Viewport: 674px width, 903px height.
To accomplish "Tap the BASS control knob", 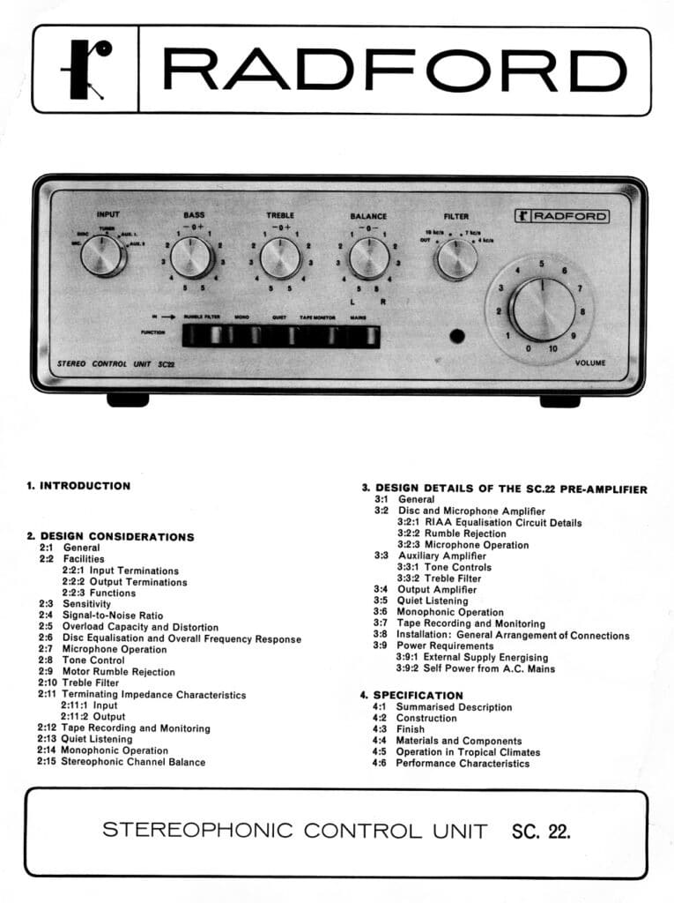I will tap(192, 257).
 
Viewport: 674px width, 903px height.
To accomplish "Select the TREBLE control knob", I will tap(280, 257).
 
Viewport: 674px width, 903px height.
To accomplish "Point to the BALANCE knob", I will tap(369, 257).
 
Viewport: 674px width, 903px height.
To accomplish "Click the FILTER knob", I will tap(456, 258).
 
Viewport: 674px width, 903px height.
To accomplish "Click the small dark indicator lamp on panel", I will tap(456, 337).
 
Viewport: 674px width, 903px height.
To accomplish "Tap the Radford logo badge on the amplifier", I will tap(561, 217).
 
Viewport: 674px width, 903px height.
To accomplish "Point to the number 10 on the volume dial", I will tap(552, 349).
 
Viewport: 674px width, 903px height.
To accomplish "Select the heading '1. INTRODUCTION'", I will tap(78, 486).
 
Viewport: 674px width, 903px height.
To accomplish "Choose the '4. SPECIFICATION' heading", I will tap(411, 696).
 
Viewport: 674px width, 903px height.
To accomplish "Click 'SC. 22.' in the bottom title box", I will tap(540, 831).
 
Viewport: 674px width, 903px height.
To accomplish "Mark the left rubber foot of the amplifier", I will tap(128, 399).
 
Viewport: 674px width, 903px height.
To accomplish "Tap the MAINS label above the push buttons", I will tap(358, 316).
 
